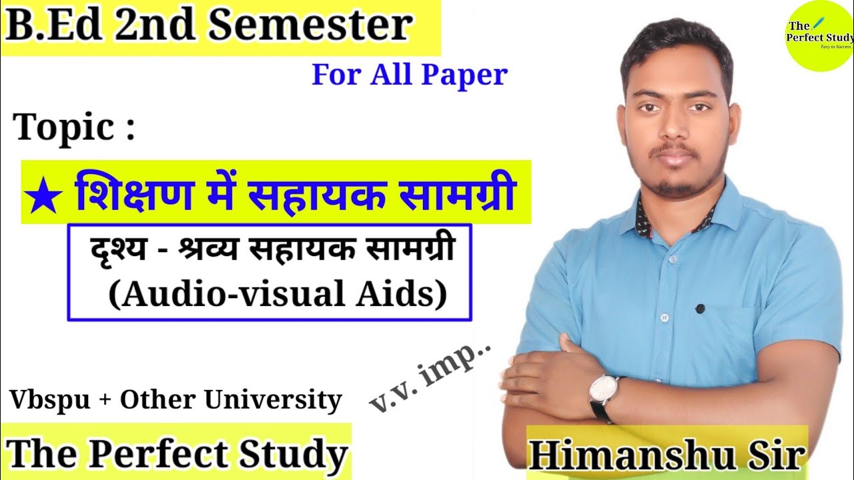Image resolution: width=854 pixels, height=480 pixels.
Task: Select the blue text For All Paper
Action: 410,75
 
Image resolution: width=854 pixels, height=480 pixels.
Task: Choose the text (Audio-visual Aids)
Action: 278,293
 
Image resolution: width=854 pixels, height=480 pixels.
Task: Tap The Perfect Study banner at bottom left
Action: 177,453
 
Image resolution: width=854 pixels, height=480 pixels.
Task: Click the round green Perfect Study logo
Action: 819,36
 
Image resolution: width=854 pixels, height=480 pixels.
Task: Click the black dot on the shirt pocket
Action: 700,309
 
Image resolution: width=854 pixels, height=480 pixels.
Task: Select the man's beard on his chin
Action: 679,185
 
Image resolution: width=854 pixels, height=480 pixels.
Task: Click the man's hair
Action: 675,47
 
